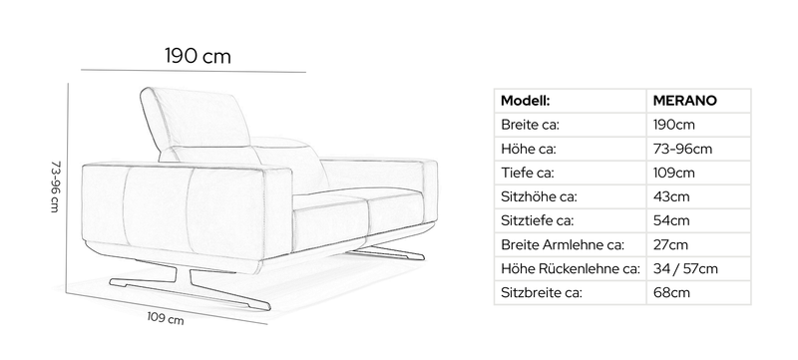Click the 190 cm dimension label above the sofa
coord(198,56)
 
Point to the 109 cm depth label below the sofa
coord(166,318)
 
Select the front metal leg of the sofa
coord(189,287)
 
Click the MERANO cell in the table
coord(684,101)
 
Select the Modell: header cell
coord(526,101)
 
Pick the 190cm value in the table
coord(674,125)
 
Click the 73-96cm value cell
coord(682,149)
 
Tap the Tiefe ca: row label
coord(528,173)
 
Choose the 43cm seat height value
coord(671,196)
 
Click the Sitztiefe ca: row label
coord(537,220)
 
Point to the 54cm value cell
coord(671,220)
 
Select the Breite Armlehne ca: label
coord(563,244)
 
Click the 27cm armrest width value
coord(670,244)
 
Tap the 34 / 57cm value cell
coord(685,268)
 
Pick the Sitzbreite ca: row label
coord(542,292)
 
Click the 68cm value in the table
coord(671,292)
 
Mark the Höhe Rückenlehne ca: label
coord(571,268)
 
